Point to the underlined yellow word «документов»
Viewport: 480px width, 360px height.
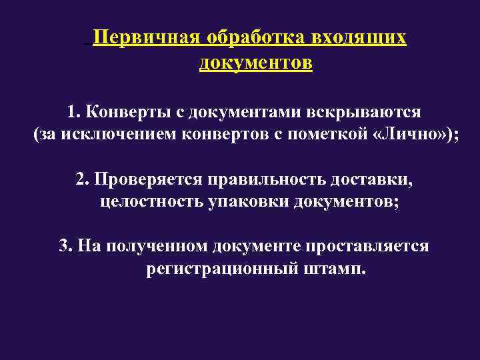[x=255, y=63]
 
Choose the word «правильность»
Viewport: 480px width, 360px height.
[x=270, y=179]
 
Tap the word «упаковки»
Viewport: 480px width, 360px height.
[x=246, y=203]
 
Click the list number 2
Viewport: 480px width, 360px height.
[x=81, y=179]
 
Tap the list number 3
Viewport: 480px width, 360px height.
[x=63, y=247]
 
